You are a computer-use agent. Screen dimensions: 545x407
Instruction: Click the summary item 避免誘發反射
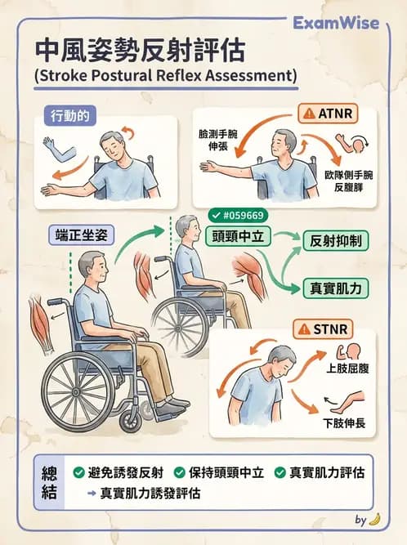point(125,473)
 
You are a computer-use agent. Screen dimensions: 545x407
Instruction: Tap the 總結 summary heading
point(50,483)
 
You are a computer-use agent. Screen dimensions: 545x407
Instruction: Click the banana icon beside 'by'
point(374,519)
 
